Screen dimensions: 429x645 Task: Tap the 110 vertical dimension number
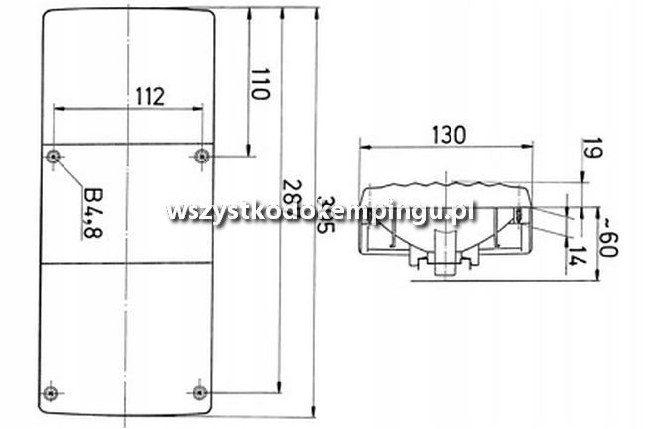pyautogui.click(x=260, y=84)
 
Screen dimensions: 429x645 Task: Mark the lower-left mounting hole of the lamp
pyautogui.click(x=53, y=387)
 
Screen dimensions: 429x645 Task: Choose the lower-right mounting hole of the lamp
pyautogui.click(x=202, y=387)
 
